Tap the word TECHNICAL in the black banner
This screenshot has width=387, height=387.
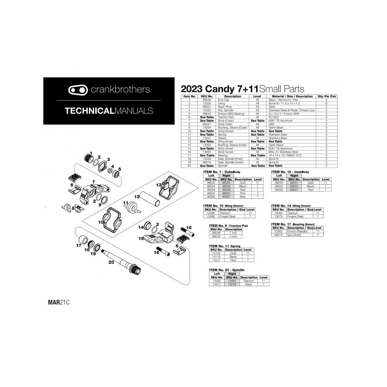pos(89,111)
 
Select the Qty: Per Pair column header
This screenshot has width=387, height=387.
pos(326,96)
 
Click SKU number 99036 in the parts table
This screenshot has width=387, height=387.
pos(207,100)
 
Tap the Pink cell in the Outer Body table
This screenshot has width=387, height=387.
pos(243,193)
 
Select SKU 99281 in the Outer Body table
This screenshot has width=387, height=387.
pos(226,197)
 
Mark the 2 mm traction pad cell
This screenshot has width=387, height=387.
pos(233,236)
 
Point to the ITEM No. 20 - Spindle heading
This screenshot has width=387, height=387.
pos(226,270)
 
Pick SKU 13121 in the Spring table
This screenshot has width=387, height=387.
pos(216,260)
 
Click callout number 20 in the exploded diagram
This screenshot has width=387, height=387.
pos(111,262)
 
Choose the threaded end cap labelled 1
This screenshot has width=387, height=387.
pos(89,159)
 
